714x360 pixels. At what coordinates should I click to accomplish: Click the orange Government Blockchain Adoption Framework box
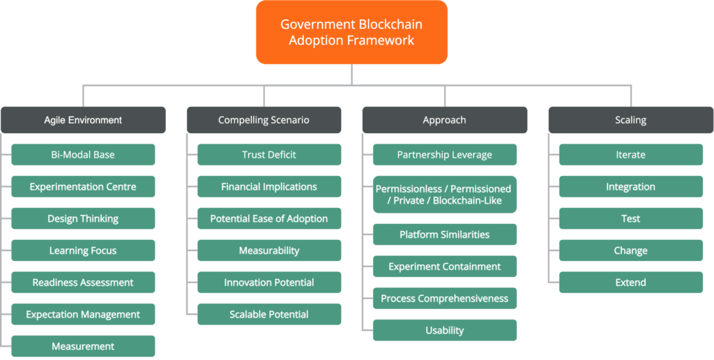351,32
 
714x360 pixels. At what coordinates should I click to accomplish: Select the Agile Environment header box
83,120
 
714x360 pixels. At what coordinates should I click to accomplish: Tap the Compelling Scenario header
264,120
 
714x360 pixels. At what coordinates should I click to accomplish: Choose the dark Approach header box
444,120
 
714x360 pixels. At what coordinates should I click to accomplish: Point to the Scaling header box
630,120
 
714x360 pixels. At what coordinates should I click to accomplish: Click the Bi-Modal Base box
83,155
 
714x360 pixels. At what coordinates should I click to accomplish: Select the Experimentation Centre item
83,187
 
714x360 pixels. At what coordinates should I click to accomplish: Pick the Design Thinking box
83,219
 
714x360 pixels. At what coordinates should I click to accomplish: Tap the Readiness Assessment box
83,283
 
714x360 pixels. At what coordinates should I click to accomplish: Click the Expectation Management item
83,315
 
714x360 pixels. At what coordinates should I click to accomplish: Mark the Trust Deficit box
269,155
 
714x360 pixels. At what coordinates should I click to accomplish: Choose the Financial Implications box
269,187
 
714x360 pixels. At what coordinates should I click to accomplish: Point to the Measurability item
269,250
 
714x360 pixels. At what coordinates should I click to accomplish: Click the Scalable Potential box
269,315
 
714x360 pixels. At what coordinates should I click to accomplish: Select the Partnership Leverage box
445,155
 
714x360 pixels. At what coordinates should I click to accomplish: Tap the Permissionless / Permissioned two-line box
444,195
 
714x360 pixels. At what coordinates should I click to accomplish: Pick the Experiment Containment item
445,267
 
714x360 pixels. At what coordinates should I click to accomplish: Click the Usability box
445,331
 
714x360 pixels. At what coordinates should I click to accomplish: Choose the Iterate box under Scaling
631,155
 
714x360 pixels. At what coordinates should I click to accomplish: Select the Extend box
631,283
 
